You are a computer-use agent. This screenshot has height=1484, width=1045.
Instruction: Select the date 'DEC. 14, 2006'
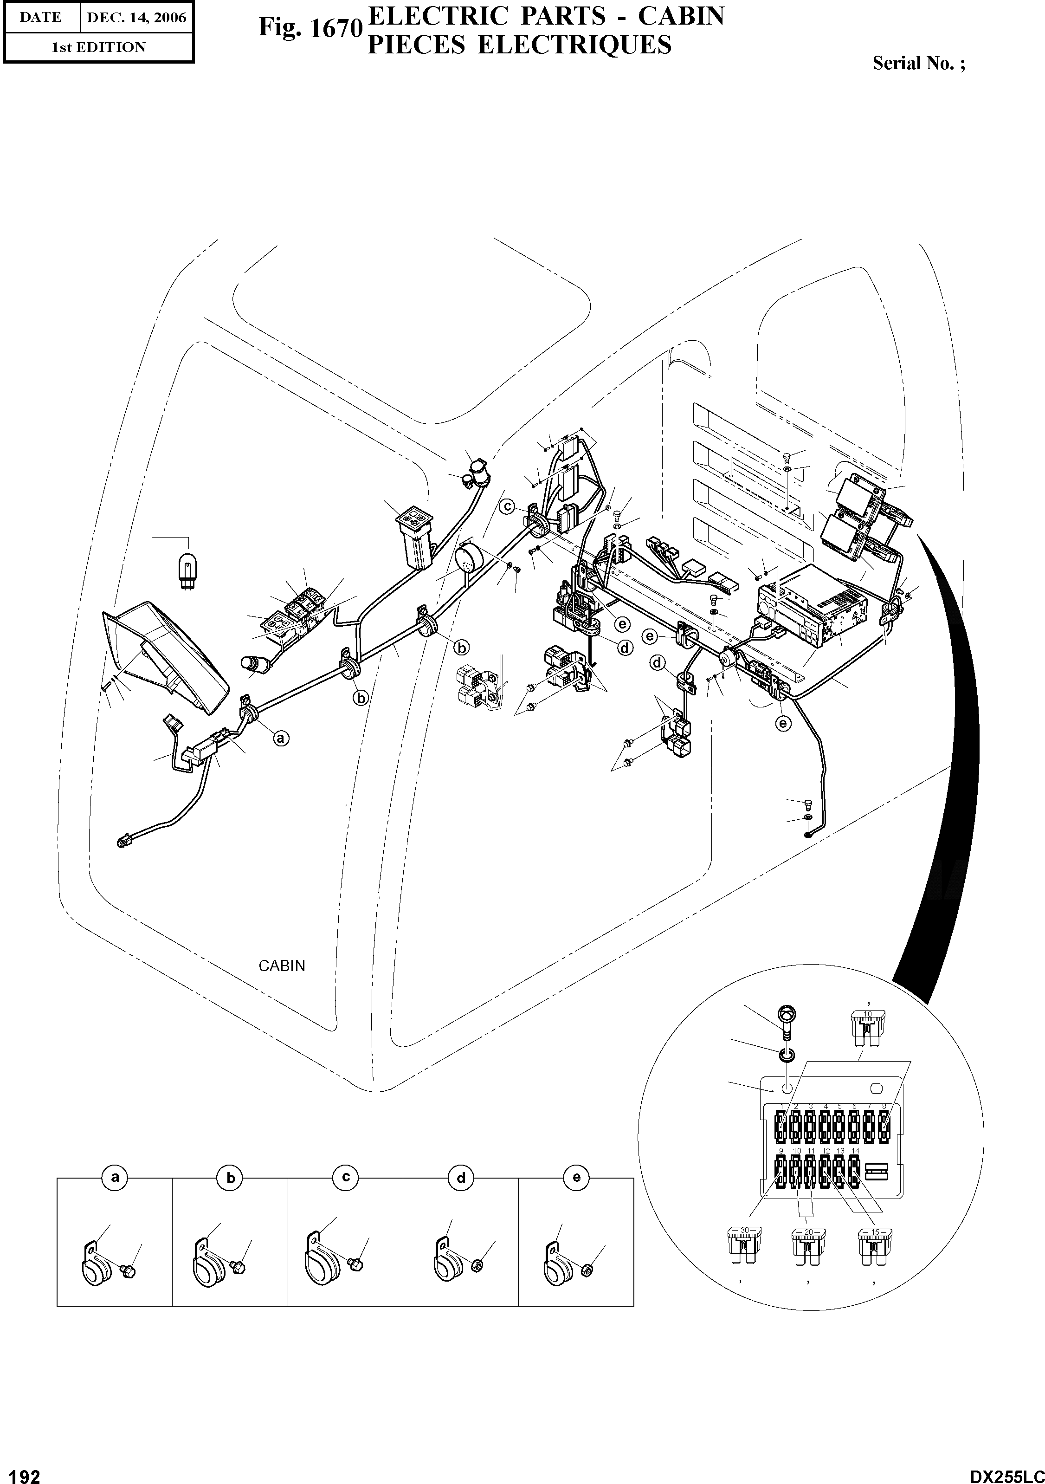click(x=135, y=18)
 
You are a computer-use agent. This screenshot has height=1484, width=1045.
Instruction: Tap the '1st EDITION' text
click(x=98, y=47)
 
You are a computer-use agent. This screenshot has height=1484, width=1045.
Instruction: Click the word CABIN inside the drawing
click(x=282, y=966)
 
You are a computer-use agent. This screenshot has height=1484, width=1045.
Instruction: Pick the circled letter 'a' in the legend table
click(x=115, y=1178)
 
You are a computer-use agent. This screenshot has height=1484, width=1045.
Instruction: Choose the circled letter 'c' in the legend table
click(x=346, y=1178)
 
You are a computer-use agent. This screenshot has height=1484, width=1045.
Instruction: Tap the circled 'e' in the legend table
click(x=576, y=1178)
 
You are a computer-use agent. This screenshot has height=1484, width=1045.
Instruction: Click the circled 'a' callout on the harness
click(x=280, y=738)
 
